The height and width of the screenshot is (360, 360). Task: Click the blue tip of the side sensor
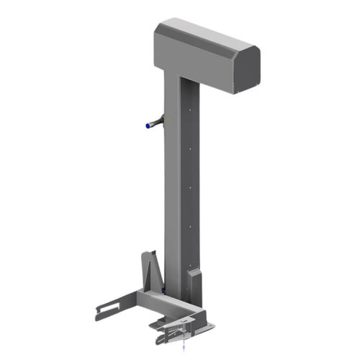[148, 126]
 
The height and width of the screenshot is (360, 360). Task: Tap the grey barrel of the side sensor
[155, 123]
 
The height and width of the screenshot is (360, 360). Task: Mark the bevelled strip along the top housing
[205, 45]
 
